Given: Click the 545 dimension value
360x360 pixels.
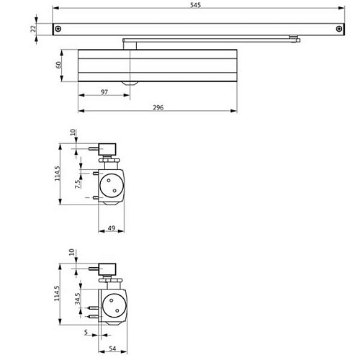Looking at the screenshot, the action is [195, 5].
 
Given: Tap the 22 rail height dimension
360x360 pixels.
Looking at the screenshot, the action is [33, 29].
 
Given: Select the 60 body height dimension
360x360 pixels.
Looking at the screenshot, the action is [58, 65].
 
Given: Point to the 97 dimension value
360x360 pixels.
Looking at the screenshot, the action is [104, 92].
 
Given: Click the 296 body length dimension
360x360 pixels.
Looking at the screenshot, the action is [158, 107].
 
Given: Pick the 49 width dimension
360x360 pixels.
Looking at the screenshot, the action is [112, 228].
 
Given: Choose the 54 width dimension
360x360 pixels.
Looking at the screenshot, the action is [112, 348].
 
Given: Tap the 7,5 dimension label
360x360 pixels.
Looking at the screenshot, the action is [78, 184].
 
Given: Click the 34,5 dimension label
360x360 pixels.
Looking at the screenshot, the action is [78, 299].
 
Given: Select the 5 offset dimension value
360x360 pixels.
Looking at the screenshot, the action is [86, 332].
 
